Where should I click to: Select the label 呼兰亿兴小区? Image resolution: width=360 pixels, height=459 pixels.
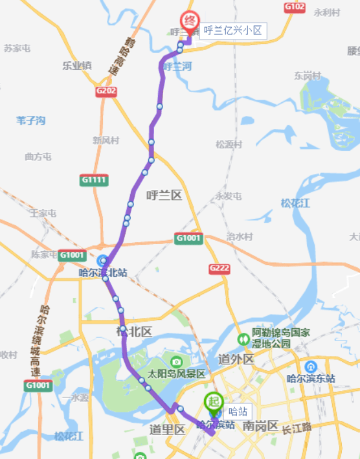click(x=232, y=30)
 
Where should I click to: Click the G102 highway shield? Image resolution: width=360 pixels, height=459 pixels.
click(x=294, y=6)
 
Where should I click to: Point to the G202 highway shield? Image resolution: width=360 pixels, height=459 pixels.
click(x=106, y=91)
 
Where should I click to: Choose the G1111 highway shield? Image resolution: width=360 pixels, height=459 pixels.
click(x=94, y=180)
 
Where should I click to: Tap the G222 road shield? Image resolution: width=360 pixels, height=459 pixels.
click(x=219, y=268)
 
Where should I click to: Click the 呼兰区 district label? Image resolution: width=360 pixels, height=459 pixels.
click(x=164, y=195)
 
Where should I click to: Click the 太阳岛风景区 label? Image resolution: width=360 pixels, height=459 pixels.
click(x=176, y=374)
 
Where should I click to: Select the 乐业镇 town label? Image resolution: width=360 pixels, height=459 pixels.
click(x=76, y=65)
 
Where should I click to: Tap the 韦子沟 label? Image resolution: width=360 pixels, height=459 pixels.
click(x=31, y=120)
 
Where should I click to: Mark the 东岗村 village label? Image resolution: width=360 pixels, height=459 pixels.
click(x=308, y=76)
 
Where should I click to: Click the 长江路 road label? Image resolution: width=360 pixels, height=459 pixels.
click(x=297, y=427)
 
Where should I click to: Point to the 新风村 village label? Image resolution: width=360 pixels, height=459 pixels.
click(x=106, y=140)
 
